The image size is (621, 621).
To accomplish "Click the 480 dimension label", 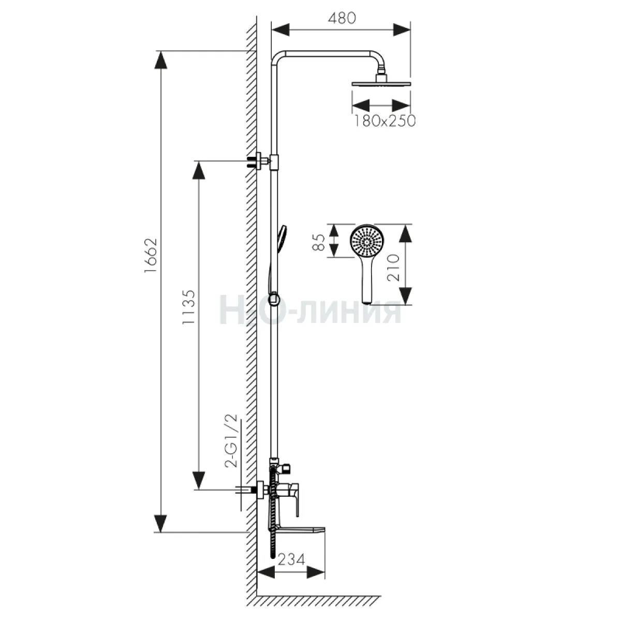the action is click(342, 18).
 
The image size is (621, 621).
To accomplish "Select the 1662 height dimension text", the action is click(151, 256).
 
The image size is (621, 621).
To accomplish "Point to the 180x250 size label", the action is click(385, 121).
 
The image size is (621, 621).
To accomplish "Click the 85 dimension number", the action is click(320, 242).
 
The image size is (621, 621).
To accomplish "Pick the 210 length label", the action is click(393, 268).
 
